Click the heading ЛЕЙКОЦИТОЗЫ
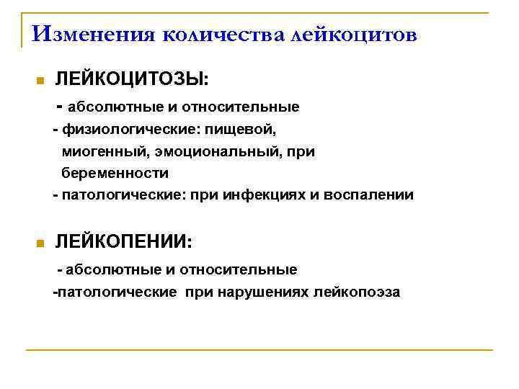click(131, 79)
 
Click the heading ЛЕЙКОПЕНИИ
click(123, 243)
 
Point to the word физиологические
click(121, 130)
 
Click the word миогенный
click(101, 152)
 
